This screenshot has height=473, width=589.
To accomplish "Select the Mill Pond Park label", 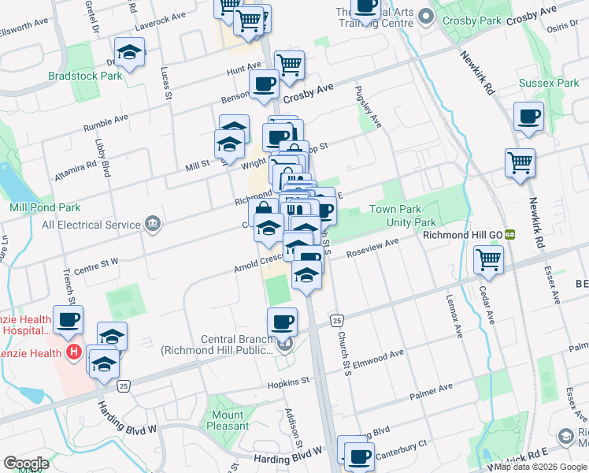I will (45, 207).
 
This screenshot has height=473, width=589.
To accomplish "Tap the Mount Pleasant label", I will (227, 420).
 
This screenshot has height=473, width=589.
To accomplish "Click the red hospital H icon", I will (74, 351).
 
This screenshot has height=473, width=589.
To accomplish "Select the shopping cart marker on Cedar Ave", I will (489, 258).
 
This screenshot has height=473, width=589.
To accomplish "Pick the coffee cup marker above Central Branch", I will (282, 321).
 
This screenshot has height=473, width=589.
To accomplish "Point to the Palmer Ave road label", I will (435, 388).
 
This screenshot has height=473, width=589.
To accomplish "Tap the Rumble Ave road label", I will (106, 121).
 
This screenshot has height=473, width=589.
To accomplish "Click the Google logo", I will (26, 464).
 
